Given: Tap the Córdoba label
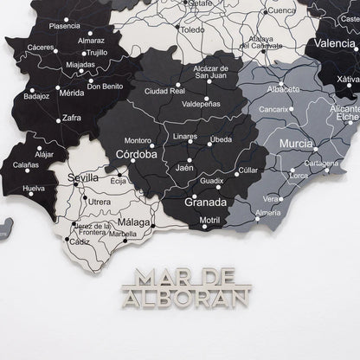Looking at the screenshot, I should coord(136,156).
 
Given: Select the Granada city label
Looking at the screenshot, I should coord(206,202).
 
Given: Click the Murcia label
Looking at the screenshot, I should coord(296,143).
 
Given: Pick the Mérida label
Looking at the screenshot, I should coord(71,93).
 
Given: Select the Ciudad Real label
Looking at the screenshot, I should coord(164,90).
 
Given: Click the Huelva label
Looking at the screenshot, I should coord(34,188).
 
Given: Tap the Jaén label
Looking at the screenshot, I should coord(183,169).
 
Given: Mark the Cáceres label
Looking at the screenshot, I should coord(41,47).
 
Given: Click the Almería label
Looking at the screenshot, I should coord(269,212).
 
